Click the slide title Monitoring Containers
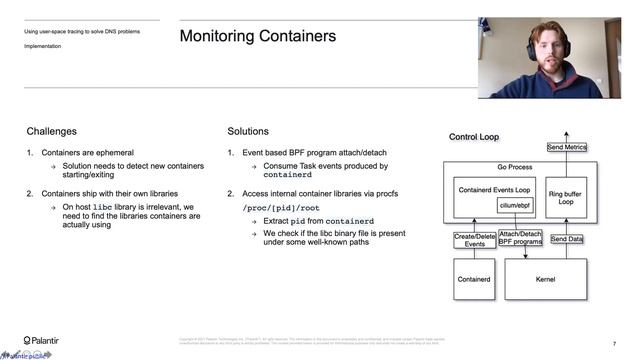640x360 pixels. click(257, 37)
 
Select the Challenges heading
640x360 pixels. click(51, 131)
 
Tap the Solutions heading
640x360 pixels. click(248, 131)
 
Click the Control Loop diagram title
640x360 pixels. click(474, 137)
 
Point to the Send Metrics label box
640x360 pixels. click(567, 148)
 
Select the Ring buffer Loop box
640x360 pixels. click(567, 195)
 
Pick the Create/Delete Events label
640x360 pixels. click(476, 240)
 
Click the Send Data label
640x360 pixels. click(567, 239)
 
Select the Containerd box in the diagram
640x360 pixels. click(476, 279)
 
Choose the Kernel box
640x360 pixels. click(546, 279)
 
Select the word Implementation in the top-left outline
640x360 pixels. click(43, 45)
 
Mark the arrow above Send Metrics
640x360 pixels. click(567, 135)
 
